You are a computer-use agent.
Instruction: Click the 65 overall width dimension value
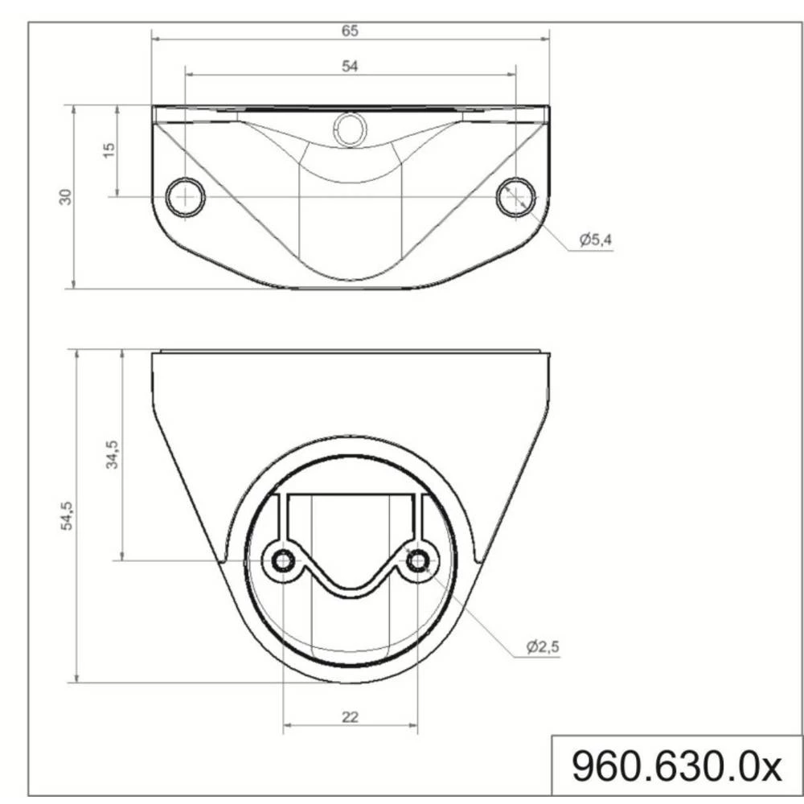[350, 31]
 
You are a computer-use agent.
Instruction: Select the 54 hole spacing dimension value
[350, 67]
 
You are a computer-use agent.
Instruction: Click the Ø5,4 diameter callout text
[594, 240]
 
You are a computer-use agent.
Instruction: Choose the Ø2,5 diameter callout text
[543, 647]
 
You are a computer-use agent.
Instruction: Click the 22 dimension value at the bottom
[350, 716]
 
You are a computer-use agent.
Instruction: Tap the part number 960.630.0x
[676, 766]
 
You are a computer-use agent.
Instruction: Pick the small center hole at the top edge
[350, 129]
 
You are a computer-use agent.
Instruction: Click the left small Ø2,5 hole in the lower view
[283, 561]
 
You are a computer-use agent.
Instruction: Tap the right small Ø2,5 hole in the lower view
[417, 561]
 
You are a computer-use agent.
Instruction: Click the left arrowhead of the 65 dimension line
[155, 38]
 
